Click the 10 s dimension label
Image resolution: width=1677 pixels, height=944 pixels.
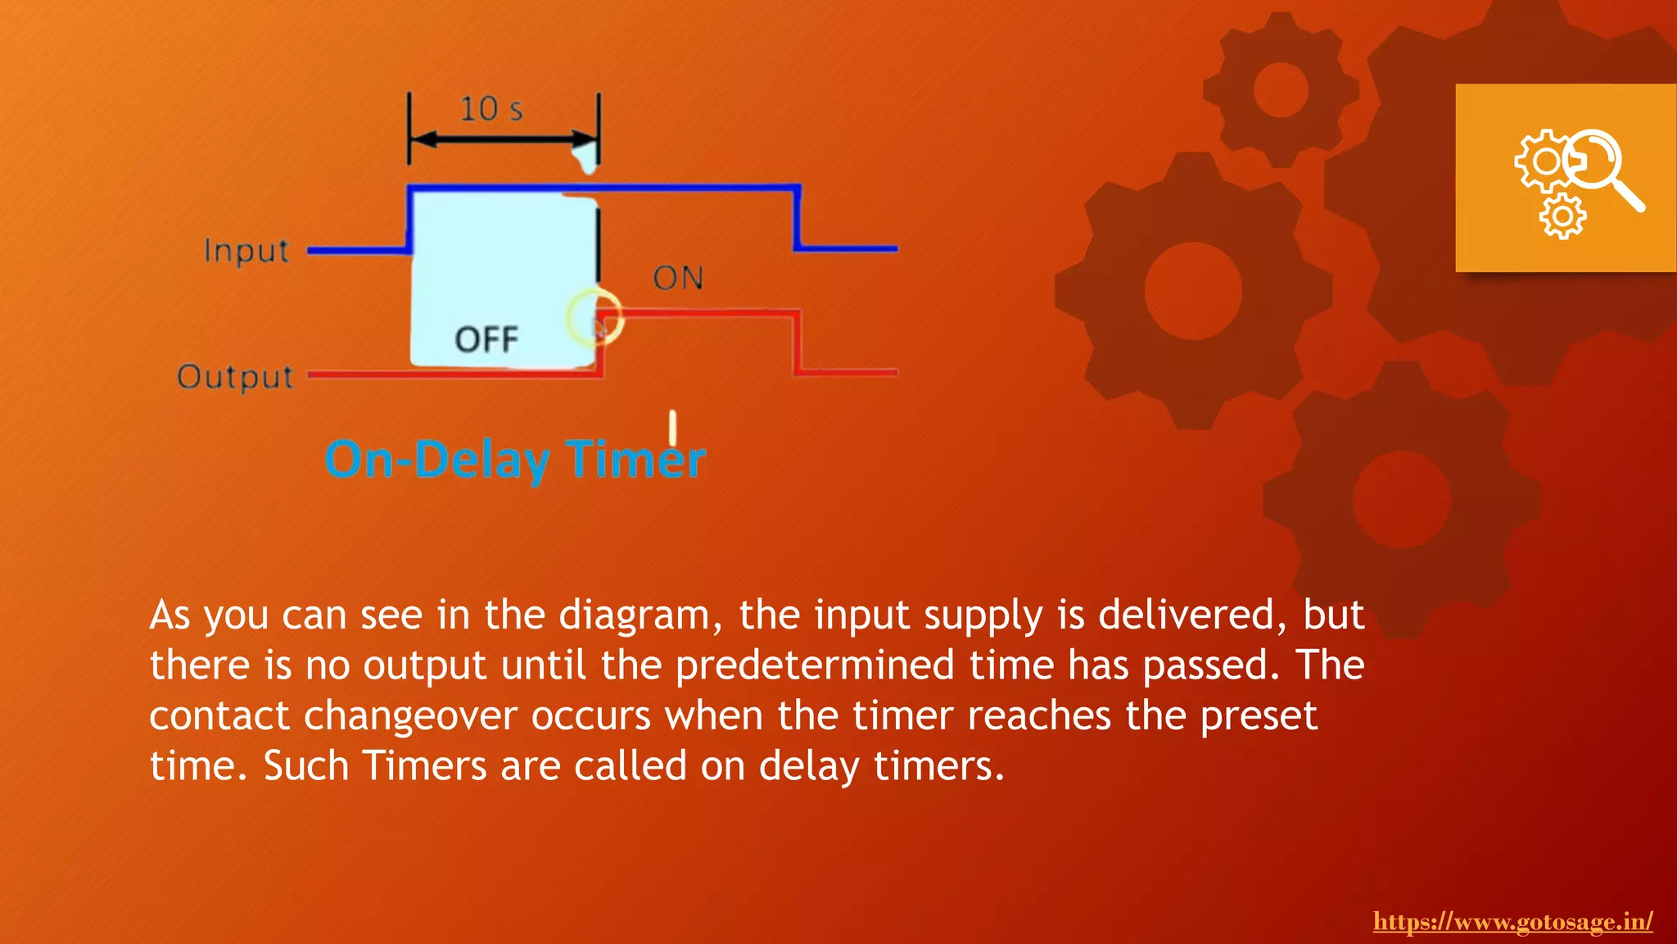click(x=490, y=109)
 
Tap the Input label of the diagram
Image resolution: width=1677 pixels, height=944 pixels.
click(x=246, y=251)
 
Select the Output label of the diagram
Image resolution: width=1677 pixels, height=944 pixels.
click(x=236, y=377)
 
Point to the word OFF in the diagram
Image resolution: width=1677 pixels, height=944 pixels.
click(x=486, y=339)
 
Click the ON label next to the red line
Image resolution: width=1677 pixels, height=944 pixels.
click(x=678, y=279)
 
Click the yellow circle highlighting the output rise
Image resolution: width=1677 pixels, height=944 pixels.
click(x=595, y=318)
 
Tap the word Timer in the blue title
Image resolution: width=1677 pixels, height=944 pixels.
click(x=636, y=460)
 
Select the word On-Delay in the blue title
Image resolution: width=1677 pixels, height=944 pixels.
click(x=437, y=460)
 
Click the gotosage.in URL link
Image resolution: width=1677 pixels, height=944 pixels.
click(x=1512, y=922)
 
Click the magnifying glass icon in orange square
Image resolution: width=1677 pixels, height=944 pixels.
click(x=1603, y=167)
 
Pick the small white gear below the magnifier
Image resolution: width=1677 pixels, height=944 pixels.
click(x=1562, y=217)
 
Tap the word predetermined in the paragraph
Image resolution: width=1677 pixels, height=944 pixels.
click(x=815, y=665)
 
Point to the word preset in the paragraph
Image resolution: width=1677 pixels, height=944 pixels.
click(x=1259, y=716)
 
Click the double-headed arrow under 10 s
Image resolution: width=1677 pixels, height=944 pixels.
click(x=503, y=140)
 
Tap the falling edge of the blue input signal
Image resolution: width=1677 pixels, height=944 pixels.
click(x=797, y=218)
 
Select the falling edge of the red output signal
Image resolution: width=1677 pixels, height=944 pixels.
click(x=796, y=343)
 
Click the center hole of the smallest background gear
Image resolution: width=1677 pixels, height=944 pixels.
click(x=1281, y=89)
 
